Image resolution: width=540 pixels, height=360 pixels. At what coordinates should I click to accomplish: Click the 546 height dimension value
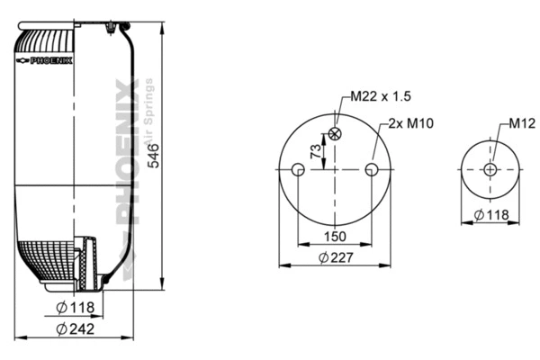pos(154,155)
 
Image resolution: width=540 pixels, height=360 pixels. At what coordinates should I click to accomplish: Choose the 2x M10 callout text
pos(412,123)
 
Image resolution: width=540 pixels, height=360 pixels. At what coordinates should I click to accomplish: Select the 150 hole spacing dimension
pos(335,238)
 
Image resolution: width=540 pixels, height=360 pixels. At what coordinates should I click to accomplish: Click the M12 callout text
pos(523,123)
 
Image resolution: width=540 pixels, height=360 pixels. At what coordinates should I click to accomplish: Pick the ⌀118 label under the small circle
pos(491,214)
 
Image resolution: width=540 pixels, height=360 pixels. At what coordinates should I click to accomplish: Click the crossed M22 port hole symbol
pos(336,134)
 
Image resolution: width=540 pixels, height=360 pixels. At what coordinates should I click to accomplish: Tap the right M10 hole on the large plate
pos(372,169)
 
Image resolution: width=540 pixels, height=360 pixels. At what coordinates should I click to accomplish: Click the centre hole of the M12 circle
pos(490,169)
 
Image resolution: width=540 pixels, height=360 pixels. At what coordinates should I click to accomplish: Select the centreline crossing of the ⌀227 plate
pos(336,169)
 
